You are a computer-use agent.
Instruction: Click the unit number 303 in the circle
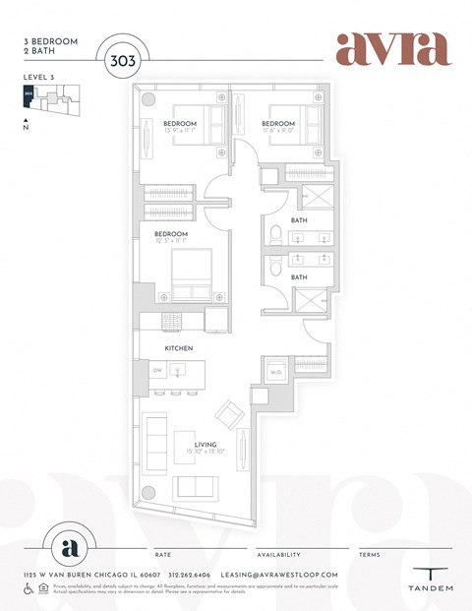coord(122,59)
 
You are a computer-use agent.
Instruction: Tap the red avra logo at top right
coord(392,48)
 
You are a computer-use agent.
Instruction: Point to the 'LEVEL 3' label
coord(36,76)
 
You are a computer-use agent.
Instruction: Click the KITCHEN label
coord(178,348)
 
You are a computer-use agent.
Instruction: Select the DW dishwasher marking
coord(156,370)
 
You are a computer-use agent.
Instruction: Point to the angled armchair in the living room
coord(229,413)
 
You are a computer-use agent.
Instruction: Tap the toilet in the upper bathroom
coord(276,234)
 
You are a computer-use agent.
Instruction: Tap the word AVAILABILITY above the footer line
coord(278,555)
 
